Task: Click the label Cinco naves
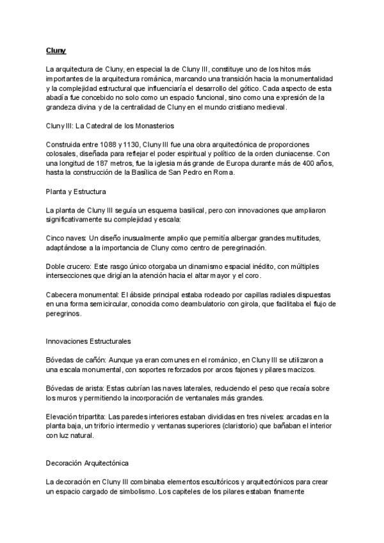click(x=65, y=238)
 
